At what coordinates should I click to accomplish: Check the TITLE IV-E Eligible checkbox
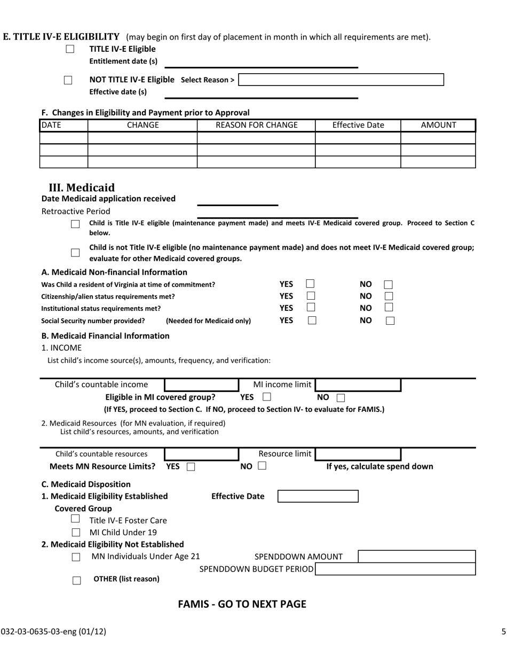(70, 49)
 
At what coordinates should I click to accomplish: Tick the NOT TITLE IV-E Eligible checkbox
(68, 80)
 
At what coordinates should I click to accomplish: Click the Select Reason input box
(341, 80)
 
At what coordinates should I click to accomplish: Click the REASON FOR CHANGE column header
(256, 125)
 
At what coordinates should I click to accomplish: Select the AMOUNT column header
(438, 125)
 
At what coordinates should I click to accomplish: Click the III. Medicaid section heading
(82, 187)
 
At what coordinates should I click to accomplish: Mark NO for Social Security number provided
(390, 321)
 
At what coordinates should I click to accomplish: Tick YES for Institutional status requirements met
(311, 308)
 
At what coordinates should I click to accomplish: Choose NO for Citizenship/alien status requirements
(389, 296)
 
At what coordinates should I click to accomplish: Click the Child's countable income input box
(201, 385)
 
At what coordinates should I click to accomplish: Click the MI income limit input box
(358, 385)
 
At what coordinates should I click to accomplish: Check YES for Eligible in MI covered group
(267, 397)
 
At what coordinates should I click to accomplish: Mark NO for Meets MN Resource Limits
(262, 466)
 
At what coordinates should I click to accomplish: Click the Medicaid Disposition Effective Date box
(318, 496)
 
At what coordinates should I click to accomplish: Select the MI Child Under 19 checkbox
(76, 532)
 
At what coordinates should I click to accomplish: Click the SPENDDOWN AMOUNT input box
(416, 557)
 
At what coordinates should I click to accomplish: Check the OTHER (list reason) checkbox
(76, 580)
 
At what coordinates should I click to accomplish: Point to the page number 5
(503, 631)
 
